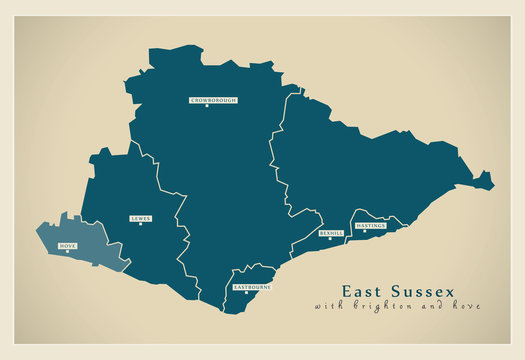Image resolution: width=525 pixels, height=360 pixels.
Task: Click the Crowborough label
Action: (212, 100)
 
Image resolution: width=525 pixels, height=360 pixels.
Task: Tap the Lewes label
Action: (140, 218)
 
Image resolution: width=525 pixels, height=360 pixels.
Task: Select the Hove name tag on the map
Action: (68, 245)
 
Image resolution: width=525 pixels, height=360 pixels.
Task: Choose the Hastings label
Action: (370, 226)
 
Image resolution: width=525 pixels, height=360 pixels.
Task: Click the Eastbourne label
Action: (251, 286)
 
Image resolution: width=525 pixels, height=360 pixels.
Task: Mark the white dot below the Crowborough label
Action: (207, 107)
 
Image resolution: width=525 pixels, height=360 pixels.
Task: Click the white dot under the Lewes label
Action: (141, 225)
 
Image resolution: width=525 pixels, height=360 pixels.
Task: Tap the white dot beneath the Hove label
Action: (68, 252)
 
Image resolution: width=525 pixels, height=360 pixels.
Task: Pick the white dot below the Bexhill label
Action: (330, 239)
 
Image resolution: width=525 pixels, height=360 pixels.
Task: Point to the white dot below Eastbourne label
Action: (246, 293)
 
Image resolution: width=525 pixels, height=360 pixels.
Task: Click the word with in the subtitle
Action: (330, 305)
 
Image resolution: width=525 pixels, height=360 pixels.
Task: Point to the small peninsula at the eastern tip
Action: (484, 181)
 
